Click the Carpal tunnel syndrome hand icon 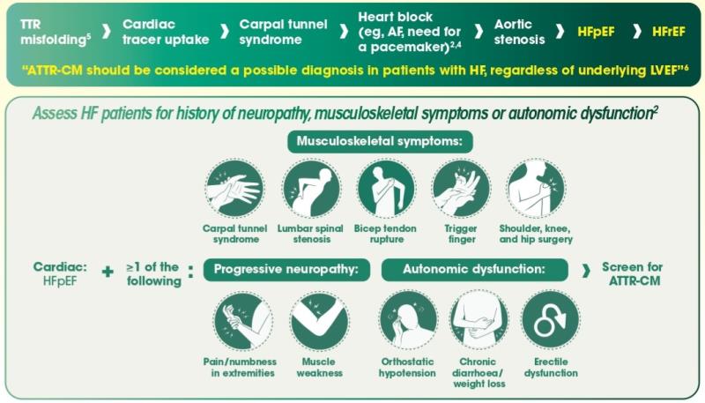[234, 189]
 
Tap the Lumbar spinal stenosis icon [311, 189]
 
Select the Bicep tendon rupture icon [386, 189]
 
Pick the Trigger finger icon [461, 189]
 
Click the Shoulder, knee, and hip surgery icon [536, 189]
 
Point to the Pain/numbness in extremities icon [243, 321]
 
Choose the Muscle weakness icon [319, 321]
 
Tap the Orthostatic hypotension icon [408, 320]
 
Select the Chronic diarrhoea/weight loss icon [479, 320]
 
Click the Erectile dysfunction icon [551, 320]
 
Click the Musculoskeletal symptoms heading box [380, 142]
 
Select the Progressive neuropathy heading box [286, 270]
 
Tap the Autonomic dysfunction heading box [474, 270]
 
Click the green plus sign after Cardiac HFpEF [108, 272]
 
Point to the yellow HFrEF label [669, 32]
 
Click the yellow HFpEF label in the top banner [596, 32]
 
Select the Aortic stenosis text [519, 32]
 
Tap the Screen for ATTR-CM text [633, 273]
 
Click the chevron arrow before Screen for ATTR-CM [585, 271]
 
